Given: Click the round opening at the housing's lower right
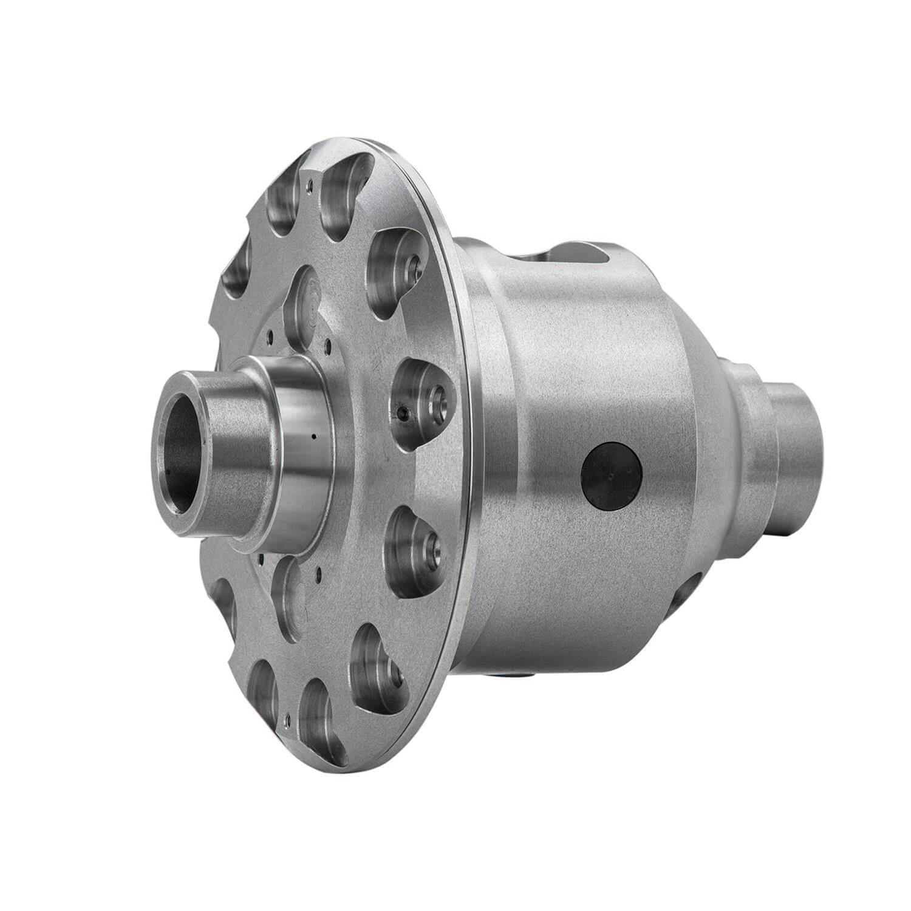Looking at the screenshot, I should tap(685, 593).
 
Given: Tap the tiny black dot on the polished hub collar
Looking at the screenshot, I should tap(313, 435).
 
